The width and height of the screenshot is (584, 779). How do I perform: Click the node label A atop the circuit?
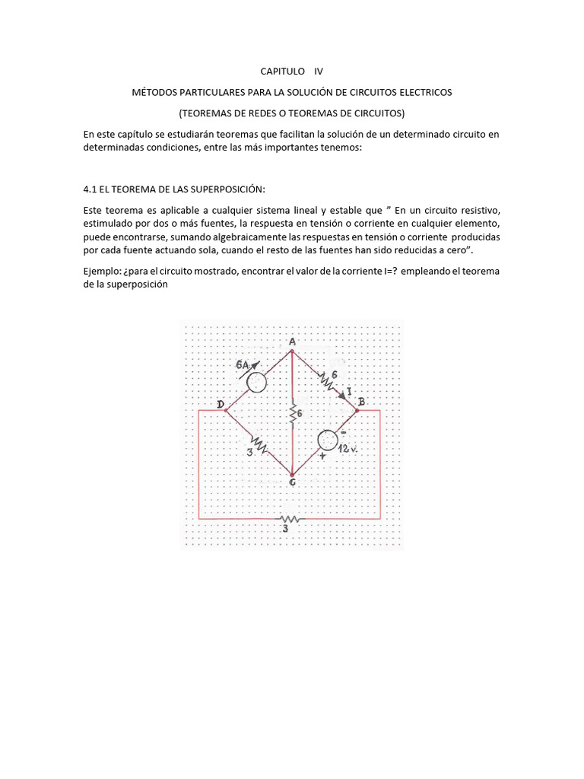coord(292,342)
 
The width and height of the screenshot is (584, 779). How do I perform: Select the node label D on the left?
coord(221,404)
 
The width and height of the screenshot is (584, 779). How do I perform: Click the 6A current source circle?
coord(257,381)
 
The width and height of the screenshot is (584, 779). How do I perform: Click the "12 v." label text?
coord(348,450)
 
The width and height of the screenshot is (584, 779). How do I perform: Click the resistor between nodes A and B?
coord(327,380)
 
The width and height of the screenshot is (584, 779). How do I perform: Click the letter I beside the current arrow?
coord(348,392)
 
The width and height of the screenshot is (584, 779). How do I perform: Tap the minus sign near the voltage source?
coord(344,431)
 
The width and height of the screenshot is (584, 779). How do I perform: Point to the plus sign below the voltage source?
coord(322,456)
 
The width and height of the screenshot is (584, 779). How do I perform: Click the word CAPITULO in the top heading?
coord(281,72)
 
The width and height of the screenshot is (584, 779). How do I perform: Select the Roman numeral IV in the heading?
coord(318,72)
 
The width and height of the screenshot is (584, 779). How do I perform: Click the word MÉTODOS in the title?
coord(154,92)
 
